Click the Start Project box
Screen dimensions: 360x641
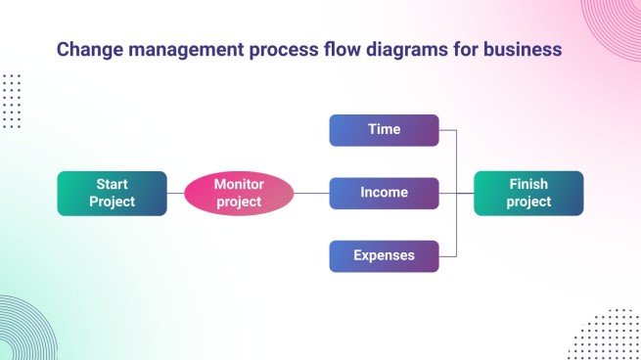click(112, 193)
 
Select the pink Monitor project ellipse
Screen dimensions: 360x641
click(239, 193)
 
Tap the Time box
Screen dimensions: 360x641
click(384, 129)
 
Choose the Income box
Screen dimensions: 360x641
click(384, 193)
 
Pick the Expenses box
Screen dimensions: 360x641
click(384, 255)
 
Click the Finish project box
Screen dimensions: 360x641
click(528, 193)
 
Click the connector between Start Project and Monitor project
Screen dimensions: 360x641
click(175, 193)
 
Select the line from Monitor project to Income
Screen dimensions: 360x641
click(310, 193)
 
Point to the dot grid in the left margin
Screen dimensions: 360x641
click(11, 100)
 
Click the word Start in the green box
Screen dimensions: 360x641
click(112, 184)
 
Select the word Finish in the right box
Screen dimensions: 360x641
click(528, 184)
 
